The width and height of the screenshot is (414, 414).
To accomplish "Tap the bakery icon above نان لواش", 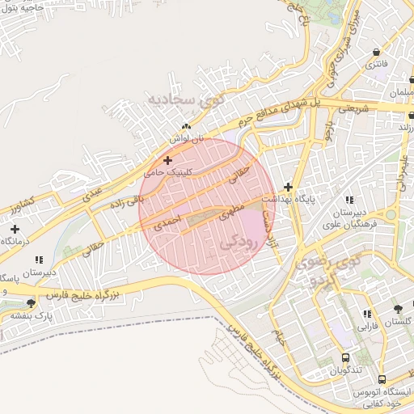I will pos(187,127).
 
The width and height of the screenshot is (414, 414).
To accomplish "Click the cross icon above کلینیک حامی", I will pos(167,160).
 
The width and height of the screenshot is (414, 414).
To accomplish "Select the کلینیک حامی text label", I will pos(166,171).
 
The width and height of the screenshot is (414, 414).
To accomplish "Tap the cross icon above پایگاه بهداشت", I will pos(288,187).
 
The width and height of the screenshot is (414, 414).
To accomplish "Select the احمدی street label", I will pos(166,220).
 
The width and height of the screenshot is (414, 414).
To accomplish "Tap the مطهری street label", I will pos(230,213).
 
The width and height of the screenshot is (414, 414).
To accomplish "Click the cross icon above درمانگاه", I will pos(15,229).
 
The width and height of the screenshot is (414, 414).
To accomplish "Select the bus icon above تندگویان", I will pos(346,357).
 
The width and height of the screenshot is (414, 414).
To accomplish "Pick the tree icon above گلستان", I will pos(398,310).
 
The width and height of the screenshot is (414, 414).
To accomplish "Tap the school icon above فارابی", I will pos(367,314).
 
